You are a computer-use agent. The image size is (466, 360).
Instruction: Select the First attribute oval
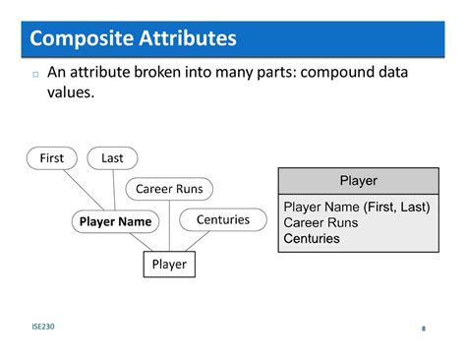(51, 158)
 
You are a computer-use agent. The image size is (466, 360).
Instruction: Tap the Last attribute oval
(112, 158)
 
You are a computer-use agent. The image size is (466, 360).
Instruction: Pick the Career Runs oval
(168, 189)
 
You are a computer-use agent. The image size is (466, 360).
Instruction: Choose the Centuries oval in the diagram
(222, 219)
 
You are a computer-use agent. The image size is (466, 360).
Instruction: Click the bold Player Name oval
(115, 221)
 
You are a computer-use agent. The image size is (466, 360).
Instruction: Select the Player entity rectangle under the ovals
(168, 264)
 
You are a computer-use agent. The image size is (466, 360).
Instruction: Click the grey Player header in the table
(358, 181)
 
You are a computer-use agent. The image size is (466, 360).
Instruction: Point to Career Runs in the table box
(320, 222)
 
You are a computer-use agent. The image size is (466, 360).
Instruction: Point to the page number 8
(423, 329)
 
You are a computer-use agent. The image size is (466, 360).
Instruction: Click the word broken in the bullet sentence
(182, 74)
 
